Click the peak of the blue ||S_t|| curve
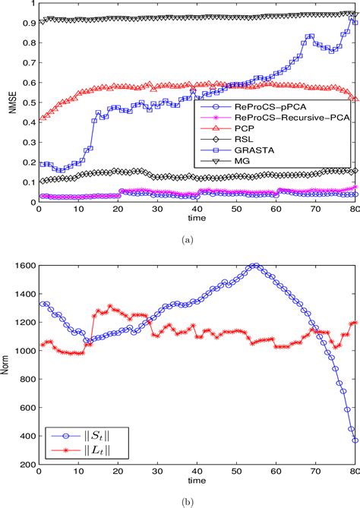tap(255, 266)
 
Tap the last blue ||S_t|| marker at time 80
tap(355, 440)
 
